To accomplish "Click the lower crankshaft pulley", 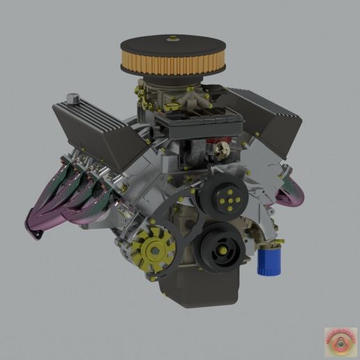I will pyautogui.click(x=219, y=246).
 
